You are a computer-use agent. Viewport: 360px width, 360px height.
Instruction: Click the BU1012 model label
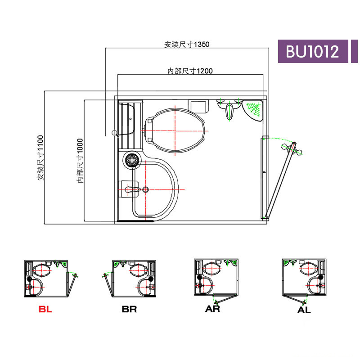coord(312,51)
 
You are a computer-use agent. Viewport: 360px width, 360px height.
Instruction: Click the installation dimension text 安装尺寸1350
coord(187,44)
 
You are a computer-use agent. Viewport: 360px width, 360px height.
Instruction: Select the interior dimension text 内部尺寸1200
coord(190,71)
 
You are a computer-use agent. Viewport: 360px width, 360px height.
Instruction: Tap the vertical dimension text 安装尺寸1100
coord(40,158)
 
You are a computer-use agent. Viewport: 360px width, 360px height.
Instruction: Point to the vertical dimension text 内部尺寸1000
coord(80,161)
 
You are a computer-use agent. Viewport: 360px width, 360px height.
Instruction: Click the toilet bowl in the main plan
coord(175,130)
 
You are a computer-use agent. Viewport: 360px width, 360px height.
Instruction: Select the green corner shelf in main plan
coord(252,110)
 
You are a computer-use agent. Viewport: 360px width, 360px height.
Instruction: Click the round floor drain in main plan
coord(132,159)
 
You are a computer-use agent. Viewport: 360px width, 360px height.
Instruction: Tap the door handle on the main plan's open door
coord(292,148)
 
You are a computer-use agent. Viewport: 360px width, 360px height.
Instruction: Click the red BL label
coord(45,309)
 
